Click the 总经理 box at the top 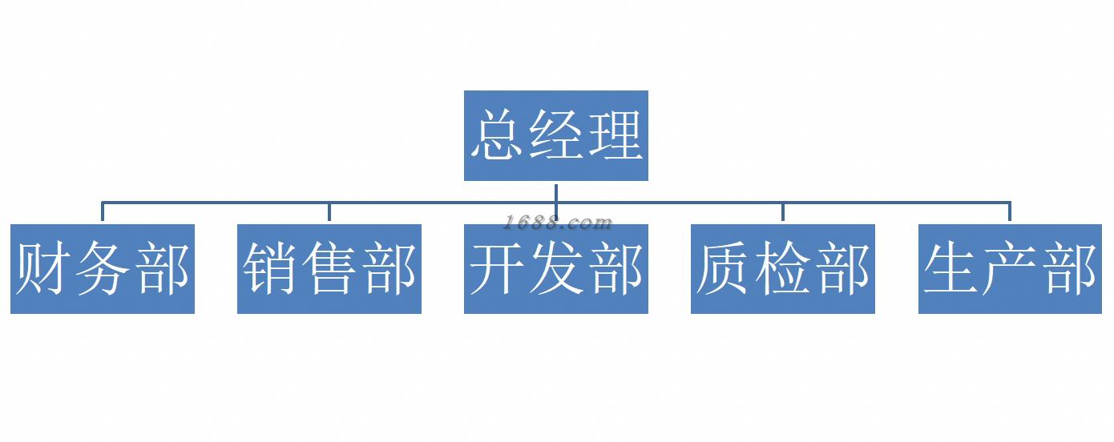tap(555, 135)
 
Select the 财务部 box tap(103, 269)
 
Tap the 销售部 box tap(329, 269)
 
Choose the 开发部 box tap(555, 269)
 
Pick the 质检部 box tap(782, 269)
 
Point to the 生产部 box tap(1010, 269)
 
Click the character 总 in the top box tap(498, 135)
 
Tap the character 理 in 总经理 tap(615, 135)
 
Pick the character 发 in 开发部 tap(556, 269)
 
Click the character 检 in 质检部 tap(783, 269)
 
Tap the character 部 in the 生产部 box tap(1069, 269)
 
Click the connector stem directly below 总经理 tap(556, 192)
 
